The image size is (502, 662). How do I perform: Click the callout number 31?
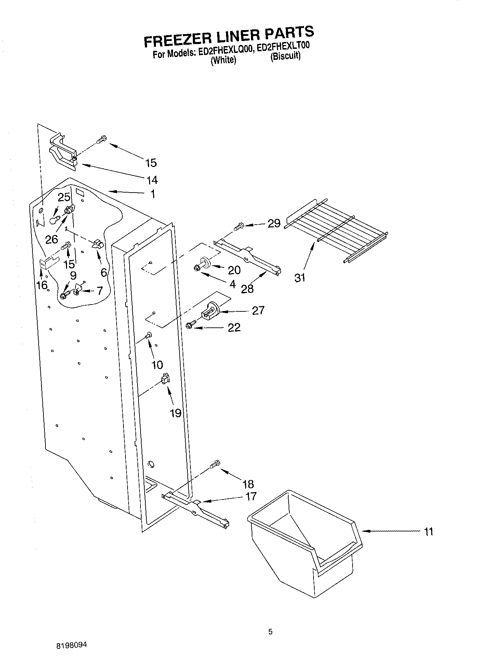[x=300, y=278]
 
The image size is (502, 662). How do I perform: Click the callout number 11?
[x=428, y=532]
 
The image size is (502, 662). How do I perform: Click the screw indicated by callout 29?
[x=239, y=226]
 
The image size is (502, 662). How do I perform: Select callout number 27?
[x=258, y=310]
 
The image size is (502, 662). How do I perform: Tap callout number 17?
[x=251, y=496]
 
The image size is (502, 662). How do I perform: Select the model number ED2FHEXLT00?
[x=283, y=47]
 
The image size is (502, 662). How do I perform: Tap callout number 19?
[x=175, y=413]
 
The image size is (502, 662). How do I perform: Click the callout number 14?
[x=152, y=180]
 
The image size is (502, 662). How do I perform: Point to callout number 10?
[x=157, y=365]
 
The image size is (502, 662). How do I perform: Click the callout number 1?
[x=153, y=194]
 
